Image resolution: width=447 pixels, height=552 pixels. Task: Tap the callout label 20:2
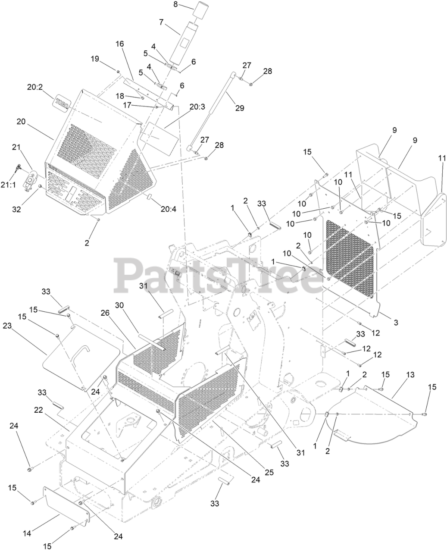[35, 87]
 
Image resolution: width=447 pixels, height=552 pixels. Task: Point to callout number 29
[240, 108]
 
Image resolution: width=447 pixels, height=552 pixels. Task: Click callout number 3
[396, 322]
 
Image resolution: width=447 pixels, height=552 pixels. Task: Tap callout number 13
[410, 374]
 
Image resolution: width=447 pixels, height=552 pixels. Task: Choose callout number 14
[27, 533]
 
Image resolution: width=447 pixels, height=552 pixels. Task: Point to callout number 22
[38, 410]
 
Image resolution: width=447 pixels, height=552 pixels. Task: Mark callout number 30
[119, 304]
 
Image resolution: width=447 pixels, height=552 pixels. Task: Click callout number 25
[269, 472]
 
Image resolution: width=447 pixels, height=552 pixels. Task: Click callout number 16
[119, 44]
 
